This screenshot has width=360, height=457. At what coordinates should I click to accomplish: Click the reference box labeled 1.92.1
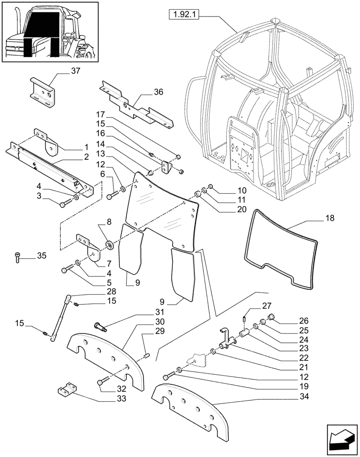pyautogui.click(x=184, y=15)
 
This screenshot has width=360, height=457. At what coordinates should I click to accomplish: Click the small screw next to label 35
pyautogui.click(x=17, y=257)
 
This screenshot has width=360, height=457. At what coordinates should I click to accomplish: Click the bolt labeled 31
pyautogui.click(x=99, y=326)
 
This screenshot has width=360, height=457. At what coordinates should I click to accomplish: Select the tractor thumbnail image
pyautogui.click(x=51, y=31)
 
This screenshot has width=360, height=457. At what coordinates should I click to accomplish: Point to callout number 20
pyautogui.click(x=242, y=210)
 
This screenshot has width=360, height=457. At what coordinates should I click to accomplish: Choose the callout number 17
pyautogui.click(x=101, y=114)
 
